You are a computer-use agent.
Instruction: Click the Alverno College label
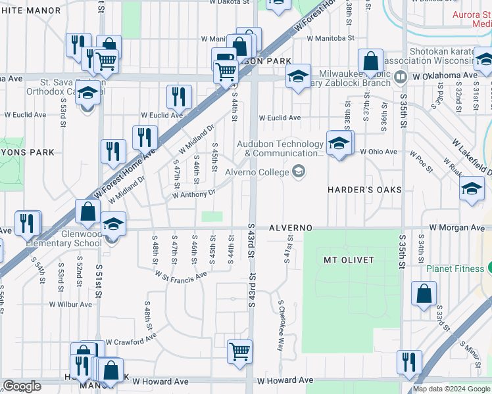tap(257, 173)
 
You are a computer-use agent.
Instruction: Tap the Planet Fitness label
tap(455, 268)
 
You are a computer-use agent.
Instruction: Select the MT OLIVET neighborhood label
tap(349, 260)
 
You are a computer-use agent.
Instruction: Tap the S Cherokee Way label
tap(280, 326)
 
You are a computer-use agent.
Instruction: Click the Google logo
tap(22, 386)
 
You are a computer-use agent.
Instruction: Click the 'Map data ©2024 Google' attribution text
tap(451, 389)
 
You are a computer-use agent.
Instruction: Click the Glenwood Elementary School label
tap(64, 238)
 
